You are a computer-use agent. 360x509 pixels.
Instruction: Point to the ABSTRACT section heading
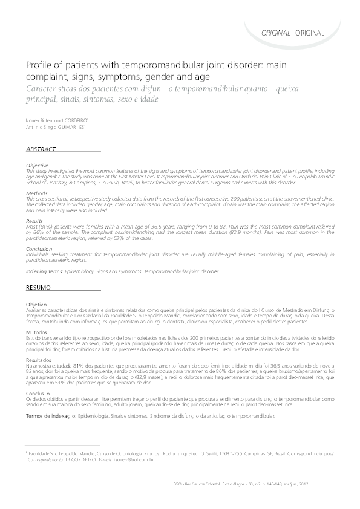click(x=42, y=149)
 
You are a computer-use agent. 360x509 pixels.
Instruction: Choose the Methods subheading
click(x=36, y=193)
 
